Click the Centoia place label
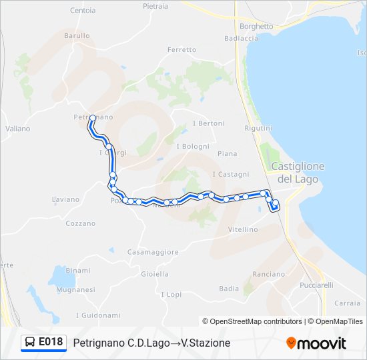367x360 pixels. point(83,11)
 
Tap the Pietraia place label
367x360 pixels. point(155,6)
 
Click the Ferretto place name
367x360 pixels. point(182,50)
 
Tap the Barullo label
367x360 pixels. point(77,35)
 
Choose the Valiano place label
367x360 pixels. point(17,129)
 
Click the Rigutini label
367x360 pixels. point(258,128)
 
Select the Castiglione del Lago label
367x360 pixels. point(298,173)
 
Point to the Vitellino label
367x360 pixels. point(243,229)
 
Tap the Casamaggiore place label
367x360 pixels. point(153,252)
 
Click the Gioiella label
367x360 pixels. point(155,274)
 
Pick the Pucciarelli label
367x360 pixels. point(316,285)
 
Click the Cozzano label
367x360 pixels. point(81,223)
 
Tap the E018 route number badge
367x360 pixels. point(44,342)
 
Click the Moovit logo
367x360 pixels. point(316,343)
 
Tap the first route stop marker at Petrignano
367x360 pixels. point(92,118)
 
